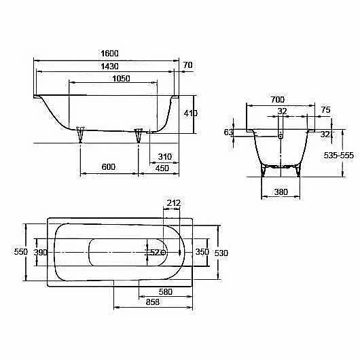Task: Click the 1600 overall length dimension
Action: [x=110, y=54]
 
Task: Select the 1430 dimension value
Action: [x=110, y=67]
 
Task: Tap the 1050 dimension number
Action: [x=121, y=79]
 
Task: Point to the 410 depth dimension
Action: [x=191, y=113]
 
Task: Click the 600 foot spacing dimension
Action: [x=109, y=166]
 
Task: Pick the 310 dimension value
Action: [x=164, y=157]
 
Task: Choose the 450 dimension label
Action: [x=162, y=168]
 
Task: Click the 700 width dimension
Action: [x=277, y=100]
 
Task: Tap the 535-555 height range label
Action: [x=339, y=156]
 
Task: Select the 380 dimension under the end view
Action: [x=281, y=192]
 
